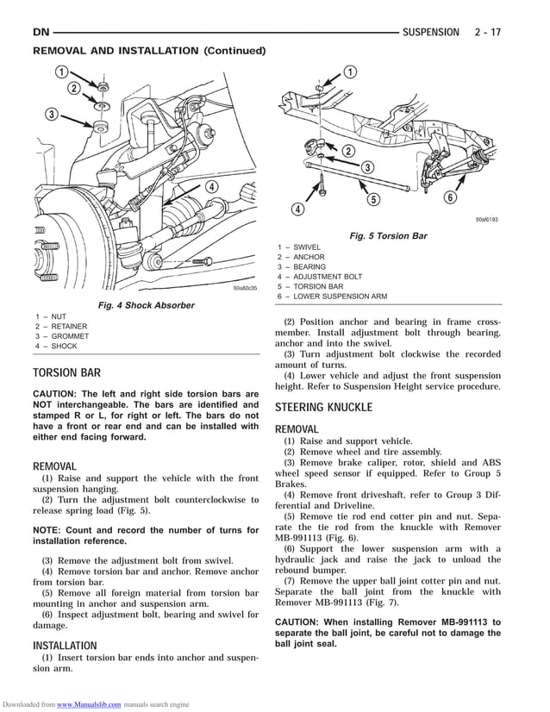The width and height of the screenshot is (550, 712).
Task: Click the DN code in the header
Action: click(x=41, y=32)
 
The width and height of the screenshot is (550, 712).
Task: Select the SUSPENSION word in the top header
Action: click(x=431, y=32)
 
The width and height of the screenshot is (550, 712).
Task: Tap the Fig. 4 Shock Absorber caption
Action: click(x=146, y=305)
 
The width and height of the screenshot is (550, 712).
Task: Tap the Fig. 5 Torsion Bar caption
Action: click(x=388, y=236)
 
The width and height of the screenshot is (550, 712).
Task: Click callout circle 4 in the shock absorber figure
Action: click(x=210, y=188)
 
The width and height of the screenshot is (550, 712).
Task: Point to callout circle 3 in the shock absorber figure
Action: click(x=52, y=115)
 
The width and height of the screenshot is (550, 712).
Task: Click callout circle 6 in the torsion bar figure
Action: click(x=449, y=197)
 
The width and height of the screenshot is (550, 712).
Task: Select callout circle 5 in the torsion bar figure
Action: click(x=373, y=200)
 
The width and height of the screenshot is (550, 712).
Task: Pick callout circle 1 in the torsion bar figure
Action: click(x=349, y=72)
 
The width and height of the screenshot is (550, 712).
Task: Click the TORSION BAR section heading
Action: click(x=66, y=373)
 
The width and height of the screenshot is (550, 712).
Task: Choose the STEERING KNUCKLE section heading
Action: click(x=323, y=407)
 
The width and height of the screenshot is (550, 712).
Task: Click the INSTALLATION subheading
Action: click(x=65, y=646)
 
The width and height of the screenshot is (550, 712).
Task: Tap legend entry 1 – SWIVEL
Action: click(x=299, y=247)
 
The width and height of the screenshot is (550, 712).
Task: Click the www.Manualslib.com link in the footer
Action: click(x=89, y=704)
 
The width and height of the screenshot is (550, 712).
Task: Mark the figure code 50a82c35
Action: click(x=245, y=288)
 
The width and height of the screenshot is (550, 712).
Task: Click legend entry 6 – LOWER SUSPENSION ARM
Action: click(x=332, y=297)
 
